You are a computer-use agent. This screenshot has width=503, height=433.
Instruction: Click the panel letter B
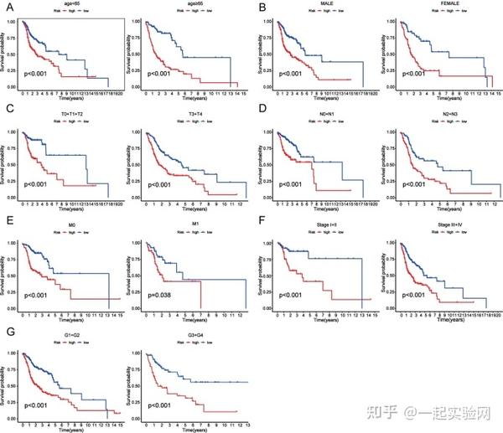[261, 8]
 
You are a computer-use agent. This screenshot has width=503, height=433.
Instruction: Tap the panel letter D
[261, 110]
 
